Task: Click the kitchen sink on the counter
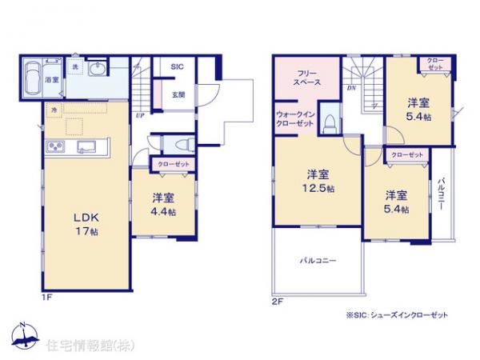(89, 146)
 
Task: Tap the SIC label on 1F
(178, 67)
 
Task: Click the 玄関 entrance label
(178, 94)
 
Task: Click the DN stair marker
(350, 90)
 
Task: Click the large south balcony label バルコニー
(318, 261)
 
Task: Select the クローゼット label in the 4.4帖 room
(174, 164)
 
